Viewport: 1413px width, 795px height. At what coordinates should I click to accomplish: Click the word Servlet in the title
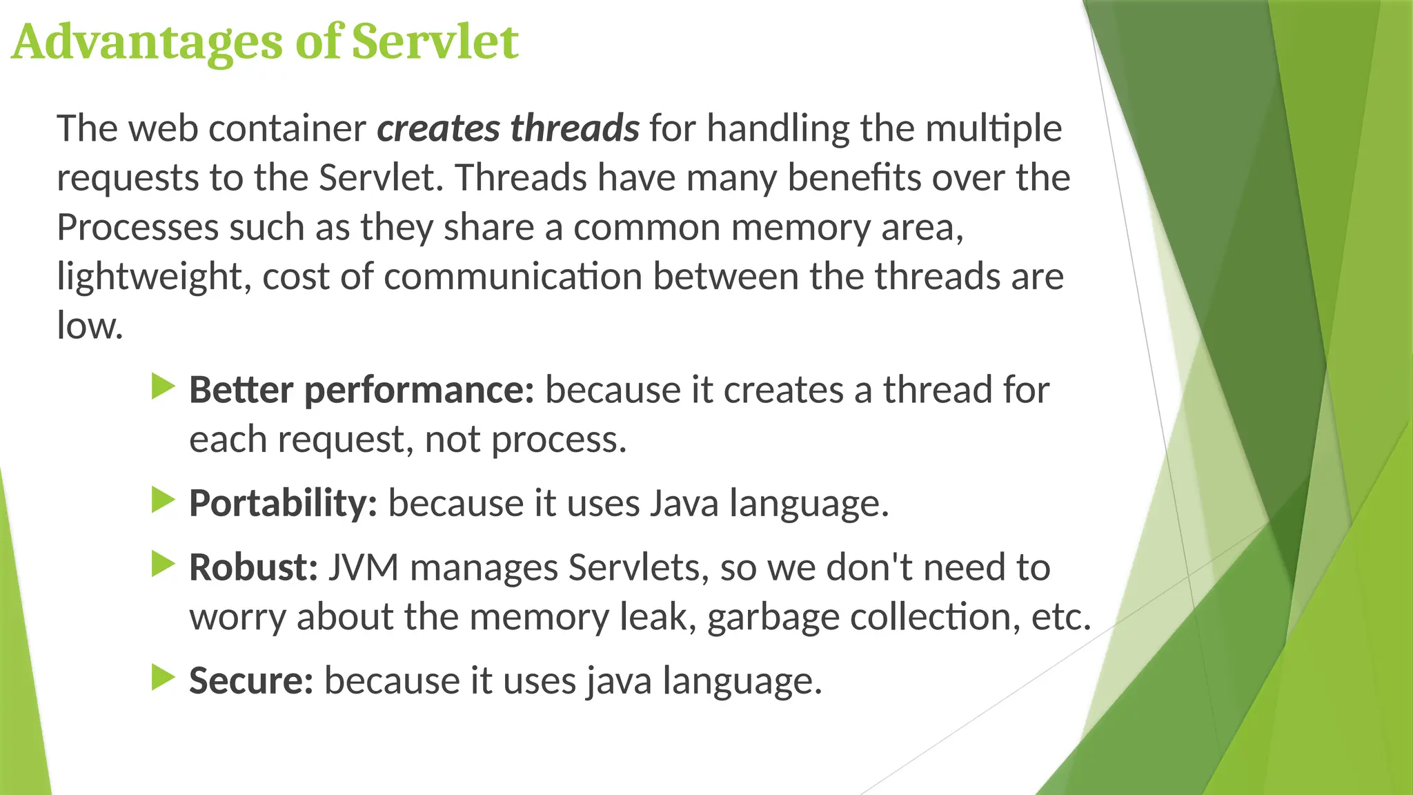435,41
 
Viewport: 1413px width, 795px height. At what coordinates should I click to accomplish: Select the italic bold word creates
438,128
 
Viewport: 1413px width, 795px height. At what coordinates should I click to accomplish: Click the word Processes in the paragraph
137,228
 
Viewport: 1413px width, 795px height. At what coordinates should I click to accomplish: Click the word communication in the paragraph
513,277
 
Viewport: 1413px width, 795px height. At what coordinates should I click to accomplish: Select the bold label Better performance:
362,391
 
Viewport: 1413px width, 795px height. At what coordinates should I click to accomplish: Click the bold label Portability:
283,503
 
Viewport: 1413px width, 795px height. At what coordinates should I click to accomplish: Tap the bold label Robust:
253,568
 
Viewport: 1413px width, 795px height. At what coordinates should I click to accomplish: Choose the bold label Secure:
251,681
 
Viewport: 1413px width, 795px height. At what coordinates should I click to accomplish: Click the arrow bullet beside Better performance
164,386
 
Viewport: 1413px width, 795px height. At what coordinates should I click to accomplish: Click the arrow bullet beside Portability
164,500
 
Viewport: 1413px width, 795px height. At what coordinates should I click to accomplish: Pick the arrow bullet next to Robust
164,565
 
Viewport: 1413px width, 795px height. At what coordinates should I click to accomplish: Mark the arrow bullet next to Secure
164,678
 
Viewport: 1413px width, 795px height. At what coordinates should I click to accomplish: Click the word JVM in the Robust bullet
364,568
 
